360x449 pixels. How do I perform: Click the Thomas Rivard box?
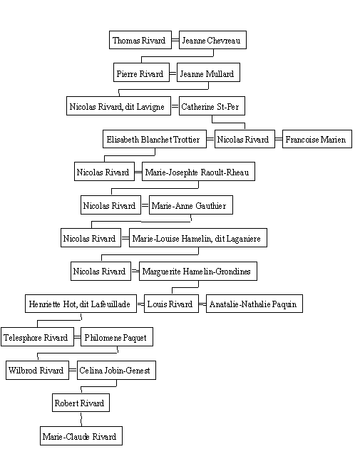pos(140,40)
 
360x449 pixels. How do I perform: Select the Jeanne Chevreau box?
pos(212,40)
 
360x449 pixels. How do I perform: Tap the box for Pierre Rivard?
pos(141,73)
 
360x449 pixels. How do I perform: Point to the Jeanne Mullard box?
pos(208,73)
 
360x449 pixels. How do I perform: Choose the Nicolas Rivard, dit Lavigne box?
pos(118,106)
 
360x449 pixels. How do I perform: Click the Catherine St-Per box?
pos(212,106)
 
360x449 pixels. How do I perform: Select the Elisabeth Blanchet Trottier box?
pos(155,139)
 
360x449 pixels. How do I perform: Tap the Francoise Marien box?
pos(317,139)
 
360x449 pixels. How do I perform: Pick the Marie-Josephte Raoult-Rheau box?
pos(198,172)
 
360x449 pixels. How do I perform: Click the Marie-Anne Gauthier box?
pos(191,205)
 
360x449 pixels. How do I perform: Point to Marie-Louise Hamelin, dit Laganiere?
pos(198,237)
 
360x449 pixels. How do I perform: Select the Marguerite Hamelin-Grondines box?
pos(198,271)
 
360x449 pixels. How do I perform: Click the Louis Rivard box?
pos(171,304)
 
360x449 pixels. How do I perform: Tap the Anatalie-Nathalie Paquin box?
pos(254,304)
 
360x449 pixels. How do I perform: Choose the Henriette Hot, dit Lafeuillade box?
pos(81,304)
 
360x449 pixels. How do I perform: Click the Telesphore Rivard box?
pos(37,336)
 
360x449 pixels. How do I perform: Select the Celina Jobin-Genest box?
pos(117,371)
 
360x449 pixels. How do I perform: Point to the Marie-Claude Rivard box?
pos(81,436)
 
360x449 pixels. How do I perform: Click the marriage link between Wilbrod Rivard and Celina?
pos(73,371)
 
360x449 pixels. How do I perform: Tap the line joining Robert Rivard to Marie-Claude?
pos(81,419)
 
